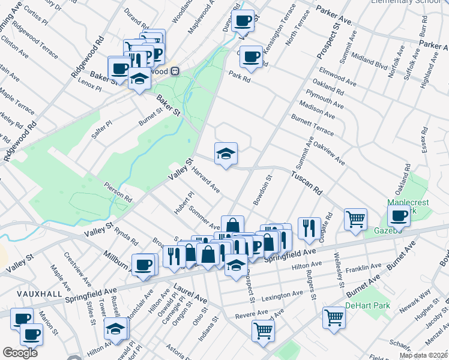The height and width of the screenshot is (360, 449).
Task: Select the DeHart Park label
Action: pyautogui.click(x=367, y=306)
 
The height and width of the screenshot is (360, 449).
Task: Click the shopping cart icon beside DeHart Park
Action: pyautogui.click(x=334, y=317)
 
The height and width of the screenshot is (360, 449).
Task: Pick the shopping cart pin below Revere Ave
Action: pyautogui.click(x=263, y=329)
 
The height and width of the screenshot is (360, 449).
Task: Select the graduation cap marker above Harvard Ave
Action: pyautogui.click(x=226, y=154)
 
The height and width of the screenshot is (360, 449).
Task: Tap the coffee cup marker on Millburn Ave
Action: pyautogui.click(x=143, y=265)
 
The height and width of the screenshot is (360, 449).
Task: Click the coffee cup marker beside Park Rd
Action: pyautogui.click(x=251, y=57)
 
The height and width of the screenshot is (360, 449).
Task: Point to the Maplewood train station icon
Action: pyautogui.click(x=175, y=71)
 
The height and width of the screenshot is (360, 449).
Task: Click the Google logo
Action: pyautogui.click(x=20, y=353)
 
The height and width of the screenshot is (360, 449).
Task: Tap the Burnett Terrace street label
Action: pyautogui.click(x=312, y=125)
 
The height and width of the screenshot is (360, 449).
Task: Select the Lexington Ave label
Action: pyautogui.click(x=283, y=295)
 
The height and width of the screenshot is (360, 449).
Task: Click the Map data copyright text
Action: pyautogui.click(x=423, y=355)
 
